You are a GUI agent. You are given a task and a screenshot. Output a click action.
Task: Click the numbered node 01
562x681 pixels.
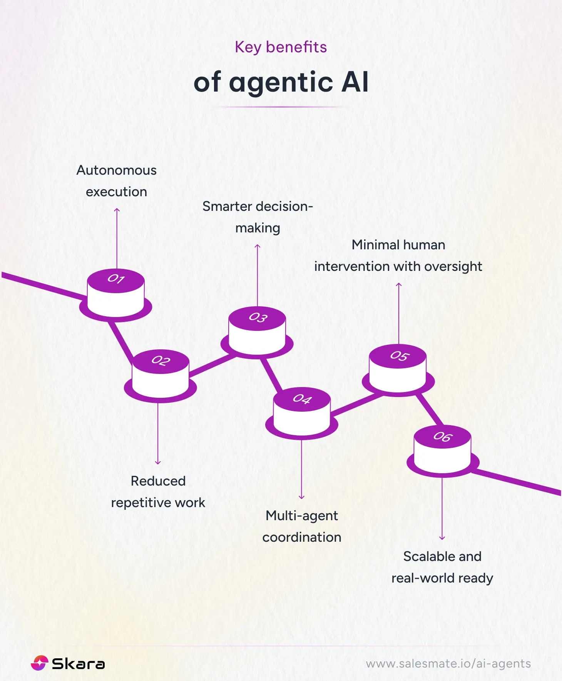tap(116, 292)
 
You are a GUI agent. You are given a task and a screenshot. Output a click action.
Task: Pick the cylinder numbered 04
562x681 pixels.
tap(302, 412)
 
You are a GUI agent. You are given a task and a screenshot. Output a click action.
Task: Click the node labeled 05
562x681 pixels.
tap(398, 369)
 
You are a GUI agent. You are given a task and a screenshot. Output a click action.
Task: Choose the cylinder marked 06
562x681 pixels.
tap(442, 449)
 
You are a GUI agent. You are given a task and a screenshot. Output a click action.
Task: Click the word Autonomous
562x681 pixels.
tap(116, 170)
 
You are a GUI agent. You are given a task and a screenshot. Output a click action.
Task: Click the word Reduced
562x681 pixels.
tap(158, 481)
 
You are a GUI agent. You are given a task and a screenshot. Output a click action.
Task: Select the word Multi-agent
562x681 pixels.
tap(302, 516)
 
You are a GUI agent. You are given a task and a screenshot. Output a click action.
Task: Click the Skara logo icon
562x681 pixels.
tap(39, 663)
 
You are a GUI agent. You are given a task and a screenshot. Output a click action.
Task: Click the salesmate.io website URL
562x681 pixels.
tap(448, 663)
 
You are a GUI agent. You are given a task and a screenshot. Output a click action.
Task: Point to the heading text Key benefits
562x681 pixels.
tap(281, 47)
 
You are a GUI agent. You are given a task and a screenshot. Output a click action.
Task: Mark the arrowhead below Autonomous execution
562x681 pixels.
tap(117, 210)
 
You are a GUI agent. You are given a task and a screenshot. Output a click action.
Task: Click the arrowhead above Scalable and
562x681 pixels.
tap(442, 538)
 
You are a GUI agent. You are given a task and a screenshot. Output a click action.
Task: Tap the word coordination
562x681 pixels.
tap(302, 537)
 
